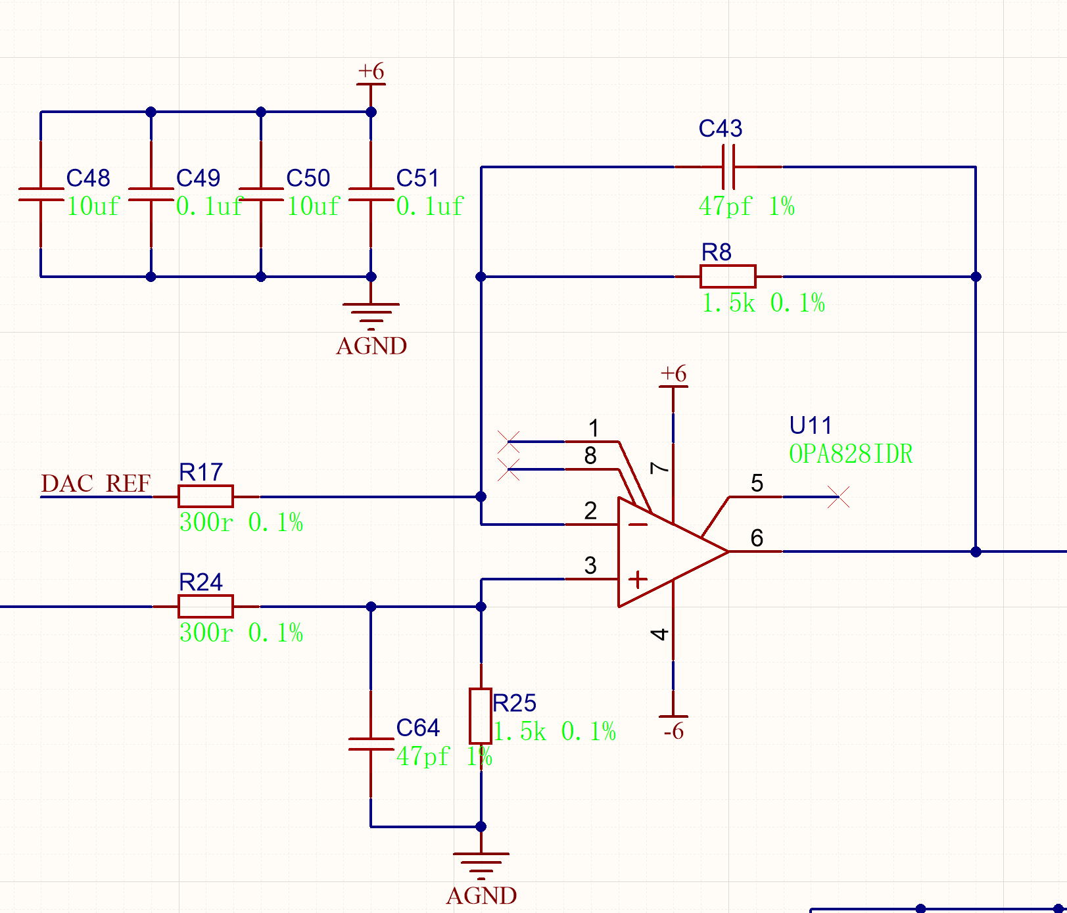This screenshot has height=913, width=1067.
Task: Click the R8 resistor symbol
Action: coord(728,277)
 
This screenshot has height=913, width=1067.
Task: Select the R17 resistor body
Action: coord(205,496)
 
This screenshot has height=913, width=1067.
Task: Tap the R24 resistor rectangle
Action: coord(205,606)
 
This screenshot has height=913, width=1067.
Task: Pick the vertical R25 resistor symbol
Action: coord(481,716)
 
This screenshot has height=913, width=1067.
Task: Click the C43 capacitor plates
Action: coord(728,167)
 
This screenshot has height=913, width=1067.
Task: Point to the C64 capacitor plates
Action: coord(371,744)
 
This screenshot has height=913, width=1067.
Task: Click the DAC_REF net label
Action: coord(96,484)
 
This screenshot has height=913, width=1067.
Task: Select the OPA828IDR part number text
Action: coord(851,454)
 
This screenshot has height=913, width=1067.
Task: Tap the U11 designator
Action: coord(811,425)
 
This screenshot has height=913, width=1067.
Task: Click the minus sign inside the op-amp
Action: coord(637,524)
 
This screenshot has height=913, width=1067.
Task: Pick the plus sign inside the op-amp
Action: coord(637,579)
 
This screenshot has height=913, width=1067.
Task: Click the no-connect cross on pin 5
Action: coord(838,497)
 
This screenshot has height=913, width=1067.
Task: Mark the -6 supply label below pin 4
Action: coord(674,731)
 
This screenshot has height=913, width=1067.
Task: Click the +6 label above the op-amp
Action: coord(673,374)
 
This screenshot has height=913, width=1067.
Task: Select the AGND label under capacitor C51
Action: coord(371,346)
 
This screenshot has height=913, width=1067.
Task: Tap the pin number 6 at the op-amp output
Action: coord(757,538)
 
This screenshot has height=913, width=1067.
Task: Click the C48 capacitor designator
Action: coord(88,178)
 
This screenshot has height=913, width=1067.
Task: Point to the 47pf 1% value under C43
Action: coord(747,206)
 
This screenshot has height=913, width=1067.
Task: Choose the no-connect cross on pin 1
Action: coord(508,442)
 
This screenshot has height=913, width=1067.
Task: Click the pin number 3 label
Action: coord(590,565)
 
